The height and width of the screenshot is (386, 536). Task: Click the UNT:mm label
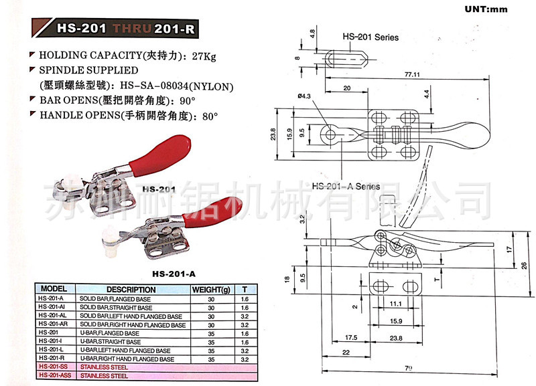[487, 9]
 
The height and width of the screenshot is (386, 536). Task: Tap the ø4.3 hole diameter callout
[304, 97]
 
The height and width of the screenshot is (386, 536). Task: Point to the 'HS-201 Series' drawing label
[370, 37]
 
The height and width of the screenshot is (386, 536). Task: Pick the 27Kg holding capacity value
[204, 56]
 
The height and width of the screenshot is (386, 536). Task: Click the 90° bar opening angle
[186, 100]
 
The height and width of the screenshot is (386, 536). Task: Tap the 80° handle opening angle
[210, 115]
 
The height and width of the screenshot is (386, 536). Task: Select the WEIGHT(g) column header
[211, 290]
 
